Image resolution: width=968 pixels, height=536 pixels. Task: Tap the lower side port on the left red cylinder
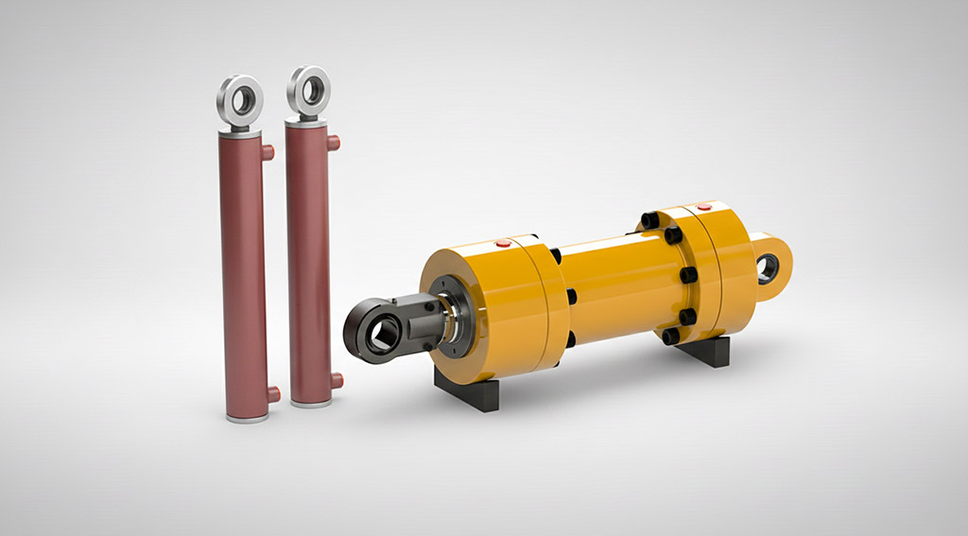[x=273, y=394]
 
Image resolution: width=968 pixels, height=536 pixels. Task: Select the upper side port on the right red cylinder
[x=334, y=143]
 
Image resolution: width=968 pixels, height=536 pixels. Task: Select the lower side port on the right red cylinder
[x=337, y=381]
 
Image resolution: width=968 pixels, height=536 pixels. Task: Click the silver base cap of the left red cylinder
[x=246, y=416]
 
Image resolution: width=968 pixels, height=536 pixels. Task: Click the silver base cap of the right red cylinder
[x=311, y=403]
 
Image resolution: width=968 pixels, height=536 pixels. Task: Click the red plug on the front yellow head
[x=503, y=244]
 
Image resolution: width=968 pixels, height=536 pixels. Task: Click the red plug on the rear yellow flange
[x=701, y=206]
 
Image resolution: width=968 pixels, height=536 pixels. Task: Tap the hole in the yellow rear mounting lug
[x=768, y=268]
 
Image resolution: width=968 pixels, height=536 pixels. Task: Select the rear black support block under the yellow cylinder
[x=703, y=352]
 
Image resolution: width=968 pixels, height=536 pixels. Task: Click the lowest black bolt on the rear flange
[x=670, y=336]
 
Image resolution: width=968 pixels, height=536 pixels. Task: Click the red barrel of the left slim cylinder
[x=244, y=274]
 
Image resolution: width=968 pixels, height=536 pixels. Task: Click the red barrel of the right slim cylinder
[x=309, y=265]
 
